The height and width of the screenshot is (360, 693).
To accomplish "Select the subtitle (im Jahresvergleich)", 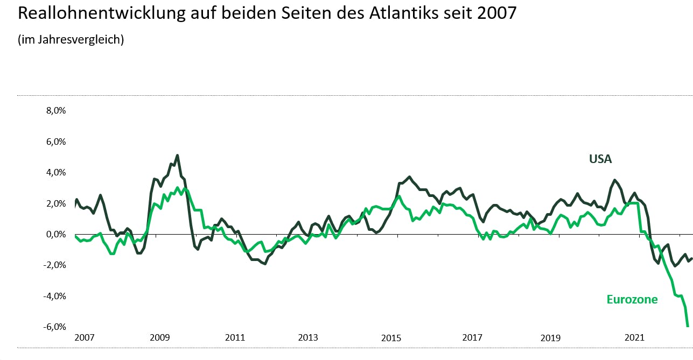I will (x=71, y=40).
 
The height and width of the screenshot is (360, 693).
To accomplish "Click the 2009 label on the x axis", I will (x=159, y=338).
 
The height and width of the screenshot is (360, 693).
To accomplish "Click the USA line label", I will (x=600, y=159).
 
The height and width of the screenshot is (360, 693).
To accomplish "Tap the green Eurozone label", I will (x=632, y=300).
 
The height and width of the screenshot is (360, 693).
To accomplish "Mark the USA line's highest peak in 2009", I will (x=177, y=156).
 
